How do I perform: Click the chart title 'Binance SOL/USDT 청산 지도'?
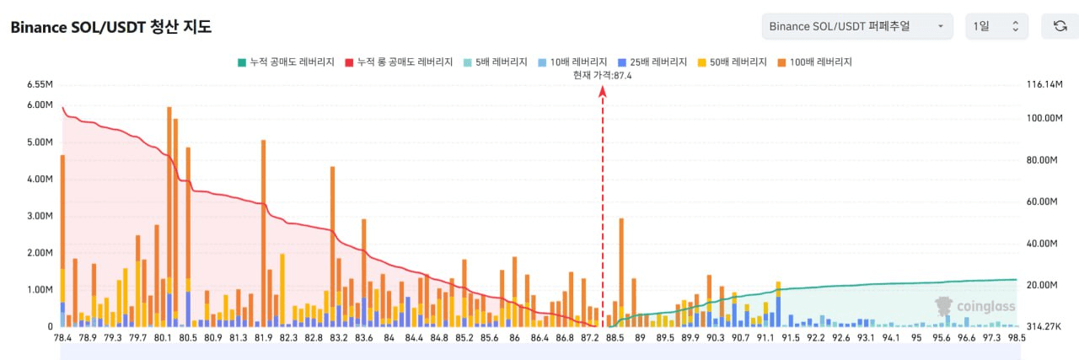pyautogui.click(x=110, y=27)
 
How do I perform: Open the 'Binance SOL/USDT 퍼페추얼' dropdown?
pyautogui.click(x=856, y=26)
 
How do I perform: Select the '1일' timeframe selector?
pyautogui.click(x=996, y=26)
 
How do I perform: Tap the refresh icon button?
pyautogui.click(x=1060, y=26)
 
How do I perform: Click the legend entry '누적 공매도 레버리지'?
pyautogui.click(x=287, y=62)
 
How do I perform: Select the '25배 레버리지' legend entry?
pyautogui.click(x=652, y=62)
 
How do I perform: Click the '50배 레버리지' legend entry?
pyautogui.click(x=733, y=62)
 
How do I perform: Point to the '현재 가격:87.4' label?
pyautogui.click(x=602, y=75)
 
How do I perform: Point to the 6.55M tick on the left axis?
pyautogui.click(x=40, y=84)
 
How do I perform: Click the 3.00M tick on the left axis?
pyautogui.click(x=40, y=216)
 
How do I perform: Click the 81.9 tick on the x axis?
pyautogui.click(x=263, y=338)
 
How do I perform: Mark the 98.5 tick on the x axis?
pyautogui.click(x=1017, y=338)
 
